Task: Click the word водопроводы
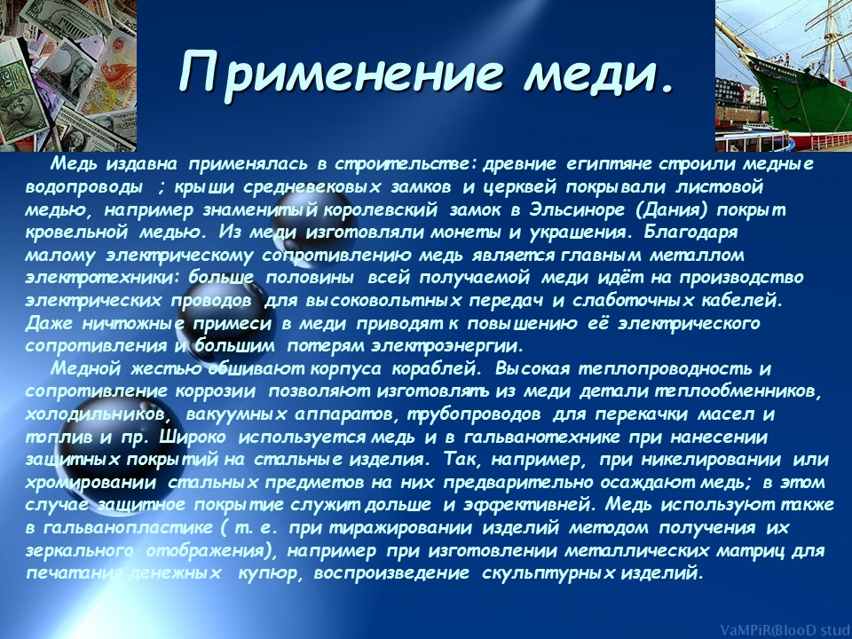tap(84, 188)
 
